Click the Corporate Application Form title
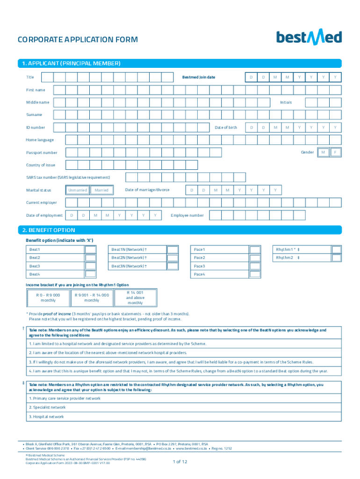78,40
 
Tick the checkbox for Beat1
90,250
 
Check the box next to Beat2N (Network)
173,258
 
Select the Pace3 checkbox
255,266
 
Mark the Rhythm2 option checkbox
337,258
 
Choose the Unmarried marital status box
78,190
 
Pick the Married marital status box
101,190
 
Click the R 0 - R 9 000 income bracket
48,298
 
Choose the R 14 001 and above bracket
135,298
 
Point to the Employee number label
187,215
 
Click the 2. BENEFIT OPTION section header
51,230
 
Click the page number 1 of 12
180,462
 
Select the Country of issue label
41,165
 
